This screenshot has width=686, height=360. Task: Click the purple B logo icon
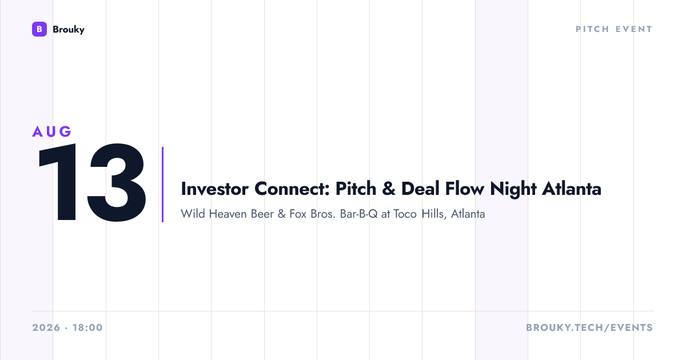pyautogui.click(x=39, y=29)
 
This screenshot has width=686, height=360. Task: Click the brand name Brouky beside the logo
pyautogui.click(x=69, y=30)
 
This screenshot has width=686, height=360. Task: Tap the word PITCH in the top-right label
pyautogui.click(x=592, y=29)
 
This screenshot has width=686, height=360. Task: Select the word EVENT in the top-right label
pyautogui.click(x=634, y=29)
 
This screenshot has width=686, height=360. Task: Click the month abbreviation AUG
pyautogui.click(x=52, y=131)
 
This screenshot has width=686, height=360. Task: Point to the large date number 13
pyautogui.click(x=91, y=182)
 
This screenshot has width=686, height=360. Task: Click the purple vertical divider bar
pyautogui.click(x=162, y=184)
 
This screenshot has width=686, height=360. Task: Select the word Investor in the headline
pyautogui.click(x=214, y=189)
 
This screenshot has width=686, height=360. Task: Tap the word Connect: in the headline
pyautogui.click(x=292, y=189)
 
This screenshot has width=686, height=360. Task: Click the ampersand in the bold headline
pyautogui.click(x=389, y=189)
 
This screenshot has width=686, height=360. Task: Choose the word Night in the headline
pyautogui.click(x=513, y=190)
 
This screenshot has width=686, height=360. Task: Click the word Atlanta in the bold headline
pyautogui.click(x=572, y=189)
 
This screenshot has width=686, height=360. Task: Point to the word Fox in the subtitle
pyautogui.click(x=298, y=214)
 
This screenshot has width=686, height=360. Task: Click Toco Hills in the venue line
pyautogui.click(x=418, y=214)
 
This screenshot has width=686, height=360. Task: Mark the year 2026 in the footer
pyautogui.click(x=46, y=327)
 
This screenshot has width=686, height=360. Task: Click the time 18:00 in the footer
pyautogui.click(x=87, y=327)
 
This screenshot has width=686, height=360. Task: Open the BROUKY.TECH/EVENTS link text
pyautogui.click(x=589, y=327)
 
